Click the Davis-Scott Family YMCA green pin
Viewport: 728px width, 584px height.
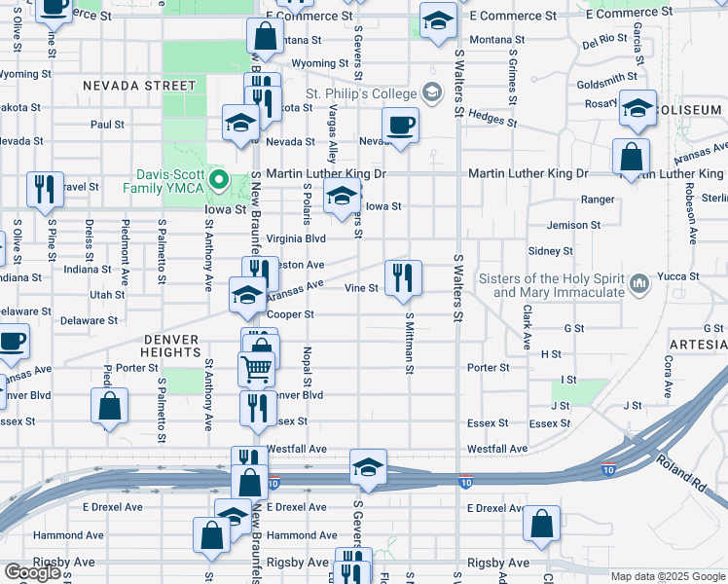(x=221, y=179)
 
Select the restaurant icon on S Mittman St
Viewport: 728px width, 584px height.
(x=402, y=278)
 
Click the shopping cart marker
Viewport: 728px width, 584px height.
(x=256, y=368)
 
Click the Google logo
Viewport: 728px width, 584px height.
(x=32, y=572)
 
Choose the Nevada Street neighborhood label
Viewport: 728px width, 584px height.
(x=138, y=86)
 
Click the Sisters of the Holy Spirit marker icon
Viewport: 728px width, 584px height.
(x=639, y=283)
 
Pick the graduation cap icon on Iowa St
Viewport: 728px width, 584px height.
(x=341, y=197)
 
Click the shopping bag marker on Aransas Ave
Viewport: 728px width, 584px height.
(x=632, y=156)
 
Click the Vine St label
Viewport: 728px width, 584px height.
(x=361, y=288)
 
